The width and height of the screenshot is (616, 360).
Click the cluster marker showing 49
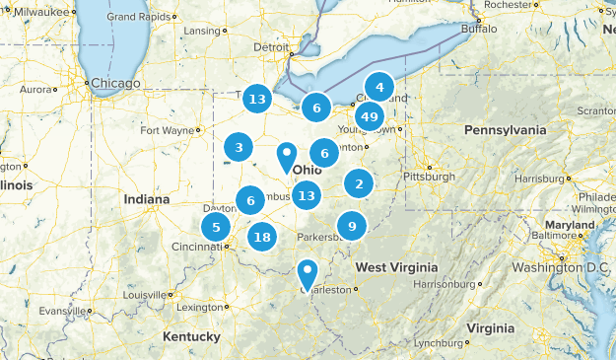pyautogui.click(x=370, y=116)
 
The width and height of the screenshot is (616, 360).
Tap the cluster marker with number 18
pyautogui.click(x=261, y=237)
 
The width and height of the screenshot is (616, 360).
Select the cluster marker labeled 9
pyautogui.click(x=352, y=226)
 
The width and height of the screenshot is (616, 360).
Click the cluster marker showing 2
pyautogui.click(x=359, y=183)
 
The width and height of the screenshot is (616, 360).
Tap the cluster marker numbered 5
pyautogui.click(x=216, y=227)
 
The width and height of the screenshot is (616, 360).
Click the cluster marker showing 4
pyautogui.click(x=378, y=88)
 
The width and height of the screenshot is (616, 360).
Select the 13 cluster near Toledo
pyautogui.click(x=257, y=99)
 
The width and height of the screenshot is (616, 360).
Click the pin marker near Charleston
pyautogui.click(x=308, y=270)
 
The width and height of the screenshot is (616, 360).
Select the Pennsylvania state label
pyautogui.click(x=504, y=129)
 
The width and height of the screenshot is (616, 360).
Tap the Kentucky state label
pyautogui.click(x=191, y=336)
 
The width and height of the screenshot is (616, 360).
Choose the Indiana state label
pyautogui.click(x=147, y=199)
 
